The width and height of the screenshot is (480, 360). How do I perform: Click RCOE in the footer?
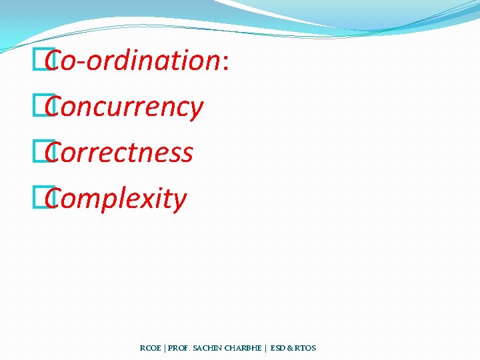(149, 348)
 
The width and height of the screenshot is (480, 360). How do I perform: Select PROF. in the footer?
(179, 348)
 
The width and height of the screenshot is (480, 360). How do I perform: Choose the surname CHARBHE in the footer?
(247, 348)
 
